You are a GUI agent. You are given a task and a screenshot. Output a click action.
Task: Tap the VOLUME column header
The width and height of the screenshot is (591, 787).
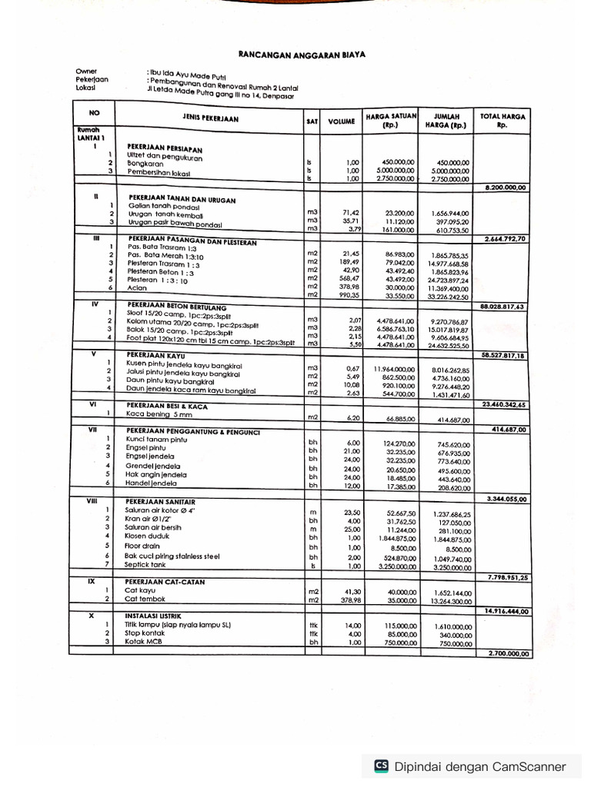click(341, 121)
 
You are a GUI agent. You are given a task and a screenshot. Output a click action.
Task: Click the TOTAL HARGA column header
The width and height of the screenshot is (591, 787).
click(503, 120)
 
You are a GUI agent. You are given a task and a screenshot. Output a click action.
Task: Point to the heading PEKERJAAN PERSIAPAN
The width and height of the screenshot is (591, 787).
click(165, 146)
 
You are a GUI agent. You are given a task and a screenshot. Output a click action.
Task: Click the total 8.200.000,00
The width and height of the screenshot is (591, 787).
click(506, 188)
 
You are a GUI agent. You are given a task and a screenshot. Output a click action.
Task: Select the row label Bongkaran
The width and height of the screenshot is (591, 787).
click(146, 163)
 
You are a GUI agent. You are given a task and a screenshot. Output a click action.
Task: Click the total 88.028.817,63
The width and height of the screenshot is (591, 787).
click(503, 306)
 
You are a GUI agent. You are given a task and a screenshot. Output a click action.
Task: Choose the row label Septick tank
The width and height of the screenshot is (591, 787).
click(149, 565)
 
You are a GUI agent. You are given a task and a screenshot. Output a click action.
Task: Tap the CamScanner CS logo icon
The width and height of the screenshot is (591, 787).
click(381, 765)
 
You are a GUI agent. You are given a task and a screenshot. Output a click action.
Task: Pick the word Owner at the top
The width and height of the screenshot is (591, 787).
click(87, 71)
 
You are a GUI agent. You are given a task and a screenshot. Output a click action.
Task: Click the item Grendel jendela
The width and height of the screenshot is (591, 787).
click(154, 466)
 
